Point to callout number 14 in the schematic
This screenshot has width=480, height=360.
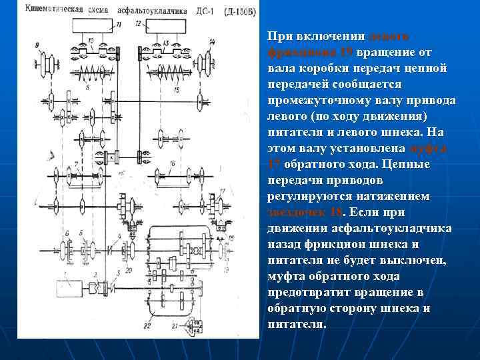212,43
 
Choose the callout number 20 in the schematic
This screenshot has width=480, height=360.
128,270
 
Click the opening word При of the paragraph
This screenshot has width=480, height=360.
277,37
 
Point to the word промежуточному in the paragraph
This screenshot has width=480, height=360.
316,101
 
